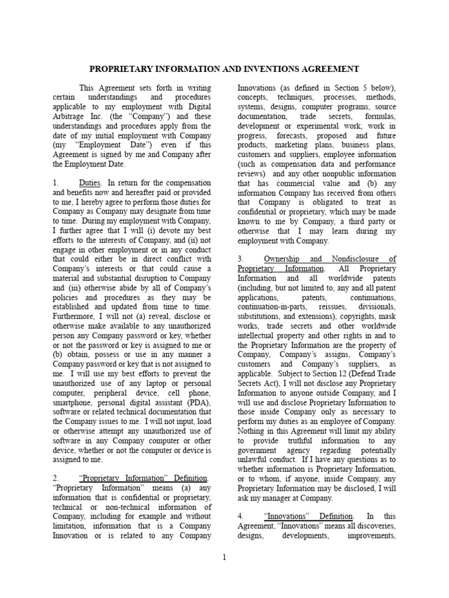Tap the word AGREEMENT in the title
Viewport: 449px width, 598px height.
coord(330,69)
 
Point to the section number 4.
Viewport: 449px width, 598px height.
coord(240,516)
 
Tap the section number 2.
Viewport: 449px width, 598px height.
coord(56,478)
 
